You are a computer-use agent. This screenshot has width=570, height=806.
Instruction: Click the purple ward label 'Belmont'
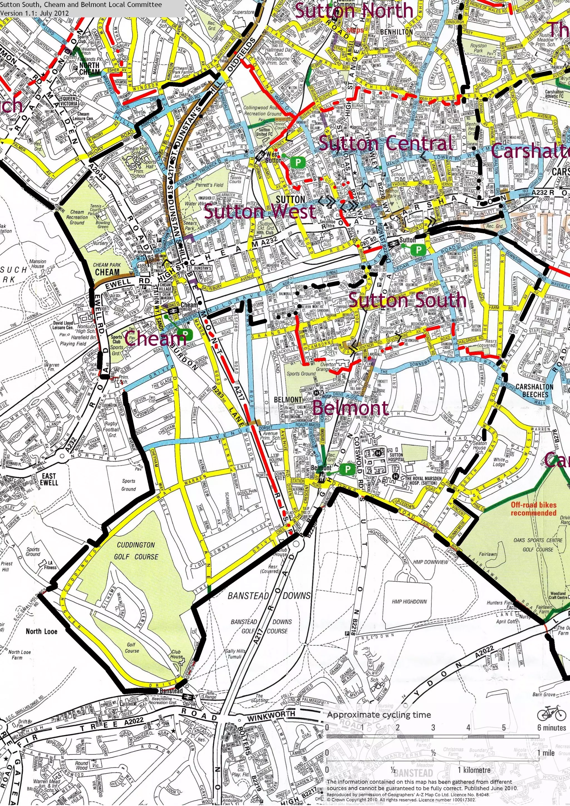(350, 408)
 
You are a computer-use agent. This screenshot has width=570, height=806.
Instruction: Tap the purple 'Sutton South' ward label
(408, 300)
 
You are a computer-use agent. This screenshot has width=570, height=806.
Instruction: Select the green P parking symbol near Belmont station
(347, 469)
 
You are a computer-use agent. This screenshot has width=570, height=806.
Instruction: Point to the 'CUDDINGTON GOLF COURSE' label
(136, 550)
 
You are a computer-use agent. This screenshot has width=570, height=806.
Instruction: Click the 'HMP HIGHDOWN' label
(409, 601)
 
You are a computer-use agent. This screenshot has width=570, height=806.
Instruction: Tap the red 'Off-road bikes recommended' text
(534, 509)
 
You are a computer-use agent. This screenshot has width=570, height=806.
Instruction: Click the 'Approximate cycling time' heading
(379, 715)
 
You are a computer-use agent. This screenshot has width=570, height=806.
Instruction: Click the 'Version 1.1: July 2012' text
(35, 13)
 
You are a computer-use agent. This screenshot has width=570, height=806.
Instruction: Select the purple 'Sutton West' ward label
(260, 212)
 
